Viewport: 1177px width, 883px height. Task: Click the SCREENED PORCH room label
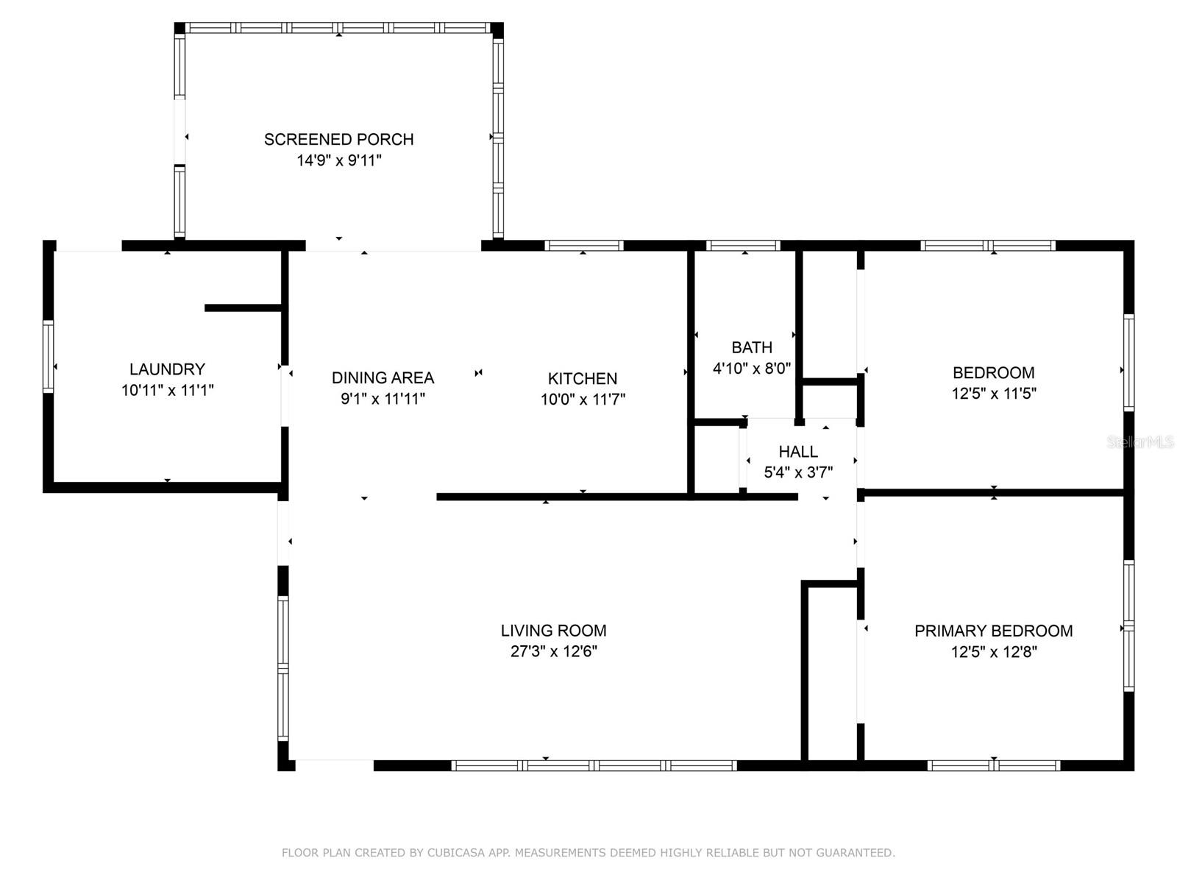(x=338, y=139)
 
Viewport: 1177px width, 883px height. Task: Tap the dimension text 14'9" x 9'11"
(x=338, y=160)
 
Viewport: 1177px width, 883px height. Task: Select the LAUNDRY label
(x=167, y=369)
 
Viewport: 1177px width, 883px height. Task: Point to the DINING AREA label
(x=383, y=377)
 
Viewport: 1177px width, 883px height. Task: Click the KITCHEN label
(x=582, y=378)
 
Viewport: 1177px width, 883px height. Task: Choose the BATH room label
(x=751, y=347)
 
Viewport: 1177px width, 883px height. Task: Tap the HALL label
(x=798, y=452)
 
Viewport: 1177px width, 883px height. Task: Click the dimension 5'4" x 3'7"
(x=798, y=472)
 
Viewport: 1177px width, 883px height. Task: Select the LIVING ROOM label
(x=553, y=631)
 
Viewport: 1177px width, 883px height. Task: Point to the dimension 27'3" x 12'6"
(x=553, y=651)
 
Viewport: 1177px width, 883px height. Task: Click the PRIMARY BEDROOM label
(x=993, y=631)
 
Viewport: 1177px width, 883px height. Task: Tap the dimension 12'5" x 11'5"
(x=993, y=394)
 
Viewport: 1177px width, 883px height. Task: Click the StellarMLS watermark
(x=1139, y=442)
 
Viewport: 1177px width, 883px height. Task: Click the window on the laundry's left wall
(x=49, y=356)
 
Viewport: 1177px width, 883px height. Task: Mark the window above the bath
(x=743, y=246)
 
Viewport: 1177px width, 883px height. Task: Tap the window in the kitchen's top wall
(x=584, y=246)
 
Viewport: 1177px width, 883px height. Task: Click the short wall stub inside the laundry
(x=243, y=308)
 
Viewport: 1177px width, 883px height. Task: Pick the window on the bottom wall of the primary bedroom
(x=993, y=765)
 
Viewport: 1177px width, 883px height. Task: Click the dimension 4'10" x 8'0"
(x=751, y=368)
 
